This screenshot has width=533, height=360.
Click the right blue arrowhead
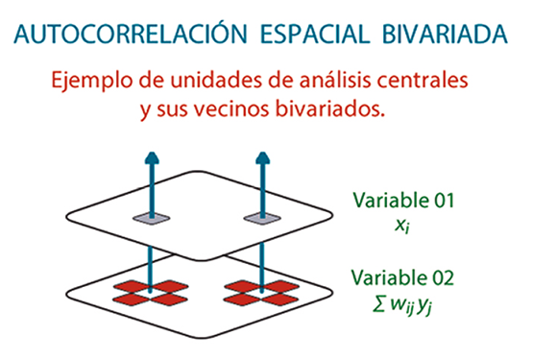click(x=259, y=157)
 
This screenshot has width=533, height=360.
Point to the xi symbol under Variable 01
click(x=404, y=226)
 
